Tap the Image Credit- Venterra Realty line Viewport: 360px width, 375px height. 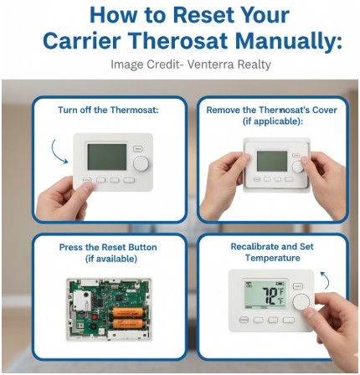click(x=191, y=64)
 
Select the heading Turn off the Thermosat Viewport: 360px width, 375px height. click(x=108, y=110)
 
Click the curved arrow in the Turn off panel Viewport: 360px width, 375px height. click(x=59, y=152)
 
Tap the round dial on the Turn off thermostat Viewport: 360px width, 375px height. click(x=141, y=163)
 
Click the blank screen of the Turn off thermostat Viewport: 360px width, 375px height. click(x=107, y=157)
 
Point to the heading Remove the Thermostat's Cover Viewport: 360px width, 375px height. click(x=272, y=110)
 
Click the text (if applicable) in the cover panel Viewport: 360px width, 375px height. click(x=272, y=121)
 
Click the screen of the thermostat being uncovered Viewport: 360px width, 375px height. click(x=271, y=161)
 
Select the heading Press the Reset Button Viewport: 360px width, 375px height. click(x=108, y=248)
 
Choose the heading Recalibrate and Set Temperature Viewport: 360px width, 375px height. click(x=272, y=252)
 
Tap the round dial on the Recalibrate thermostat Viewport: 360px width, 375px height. click(x=301, y=301)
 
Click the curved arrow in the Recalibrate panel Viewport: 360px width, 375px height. click(x=324, y=280)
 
